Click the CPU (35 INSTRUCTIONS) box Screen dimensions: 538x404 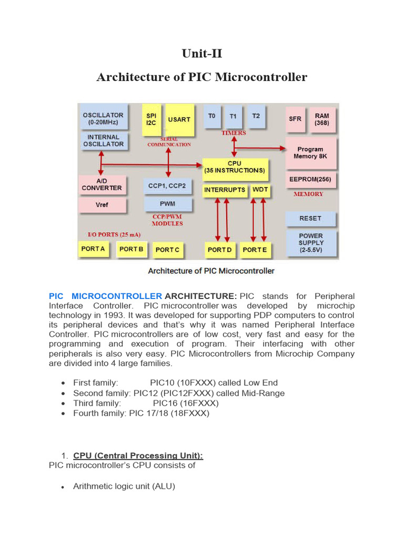point(234,167)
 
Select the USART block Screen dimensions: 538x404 point(179,119)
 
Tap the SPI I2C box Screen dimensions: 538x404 point(151,119)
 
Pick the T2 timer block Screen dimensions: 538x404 point(256,116)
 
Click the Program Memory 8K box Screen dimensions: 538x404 point(310,152)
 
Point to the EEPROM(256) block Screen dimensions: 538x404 point(310,179)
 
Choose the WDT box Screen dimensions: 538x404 point(260,189)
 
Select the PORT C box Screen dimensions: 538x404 point(167,250)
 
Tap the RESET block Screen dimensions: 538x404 point(310,218)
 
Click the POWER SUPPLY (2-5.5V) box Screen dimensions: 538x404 point(311,243)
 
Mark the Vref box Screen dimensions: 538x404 point(102,204)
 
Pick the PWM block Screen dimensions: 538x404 point(168,203)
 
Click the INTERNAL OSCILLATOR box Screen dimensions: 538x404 point(103,140)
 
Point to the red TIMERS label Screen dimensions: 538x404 point(234,133)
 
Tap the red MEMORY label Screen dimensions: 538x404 point(308,194)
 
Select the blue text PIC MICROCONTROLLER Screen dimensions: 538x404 point(105,296)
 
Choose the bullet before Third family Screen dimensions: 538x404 point(63,403)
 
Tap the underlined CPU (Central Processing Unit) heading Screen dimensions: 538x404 point(138,456)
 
